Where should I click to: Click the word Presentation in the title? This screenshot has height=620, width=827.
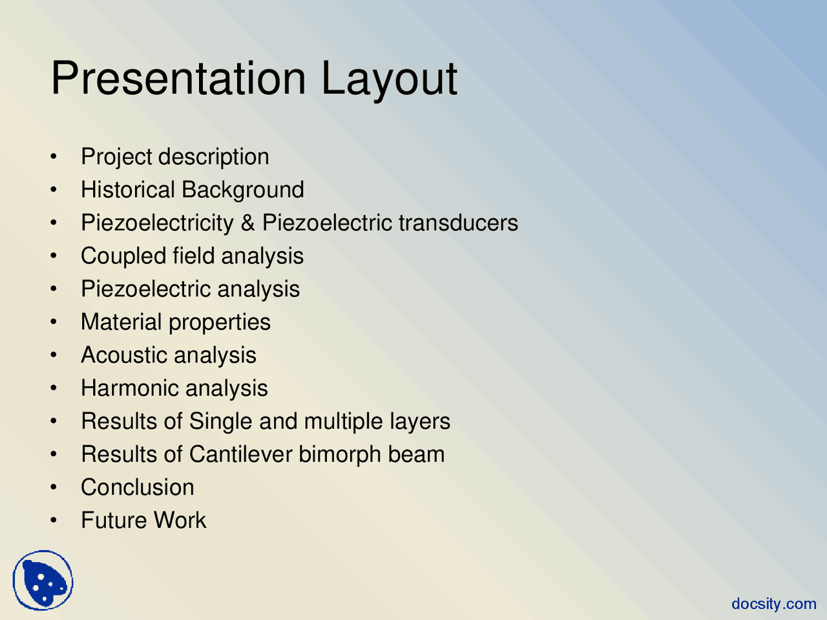tap(178, 78)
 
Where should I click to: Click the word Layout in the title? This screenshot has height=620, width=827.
tap(390, 81)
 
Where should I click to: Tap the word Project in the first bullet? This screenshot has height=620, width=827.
tap(117, 157)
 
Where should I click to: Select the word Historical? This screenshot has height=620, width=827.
tap(128, 189)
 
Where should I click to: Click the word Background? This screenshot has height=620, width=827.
tap(243, 190)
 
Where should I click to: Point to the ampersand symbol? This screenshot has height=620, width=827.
tap(248, 222)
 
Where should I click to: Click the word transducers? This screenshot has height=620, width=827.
tap(458, 222)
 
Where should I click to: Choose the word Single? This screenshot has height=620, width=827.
tap(220, 422)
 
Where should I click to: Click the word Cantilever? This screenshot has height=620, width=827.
tap(241, 454)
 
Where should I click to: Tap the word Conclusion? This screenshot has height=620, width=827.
tap(138, 487)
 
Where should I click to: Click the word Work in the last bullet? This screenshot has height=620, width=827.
tap(180, 521)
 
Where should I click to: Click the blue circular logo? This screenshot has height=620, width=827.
tap(43, 580)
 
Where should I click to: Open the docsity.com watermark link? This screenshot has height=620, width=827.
tap(774, 604)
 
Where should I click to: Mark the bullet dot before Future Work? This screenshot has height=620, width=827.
tap(54, 521)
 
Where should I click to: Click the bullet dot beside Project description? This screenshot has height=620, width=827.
tap(54, 156)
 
